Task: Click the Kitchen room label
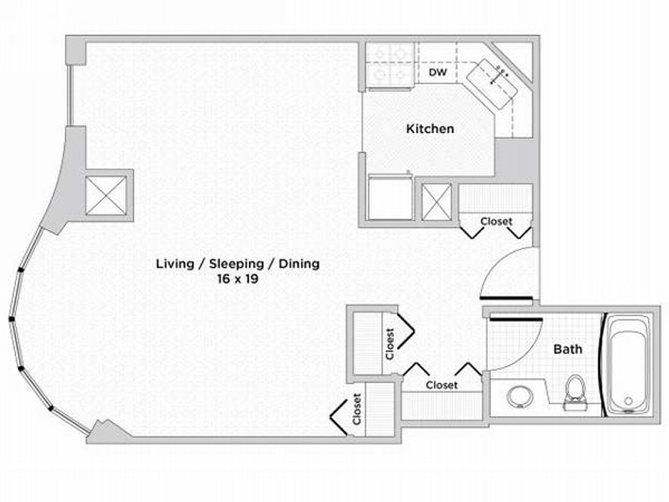(430, 129)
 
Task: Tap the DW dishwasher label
(438, 72)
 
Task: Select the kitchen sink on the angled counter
(492, 84)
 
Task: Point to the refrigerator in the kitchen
(390, 197)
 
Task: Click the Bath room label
(567, 349)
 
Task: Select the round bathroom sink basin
(520, 396)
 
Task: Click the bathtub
(628, 364)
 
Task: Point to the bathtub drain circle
(628, 401)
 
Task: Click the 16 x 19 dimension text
(237, 279)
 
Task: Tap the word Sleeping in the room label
(236, 264)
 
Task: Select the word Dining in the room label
(299, 264)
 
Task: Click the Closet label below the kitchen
(496, 221)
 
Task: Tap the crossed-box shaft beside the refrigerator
(436, 202)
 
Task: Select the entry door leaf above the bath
(506, 298)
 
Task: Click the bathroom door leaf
(516, 319)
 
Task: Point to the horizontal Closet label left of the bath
(442, 385)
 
